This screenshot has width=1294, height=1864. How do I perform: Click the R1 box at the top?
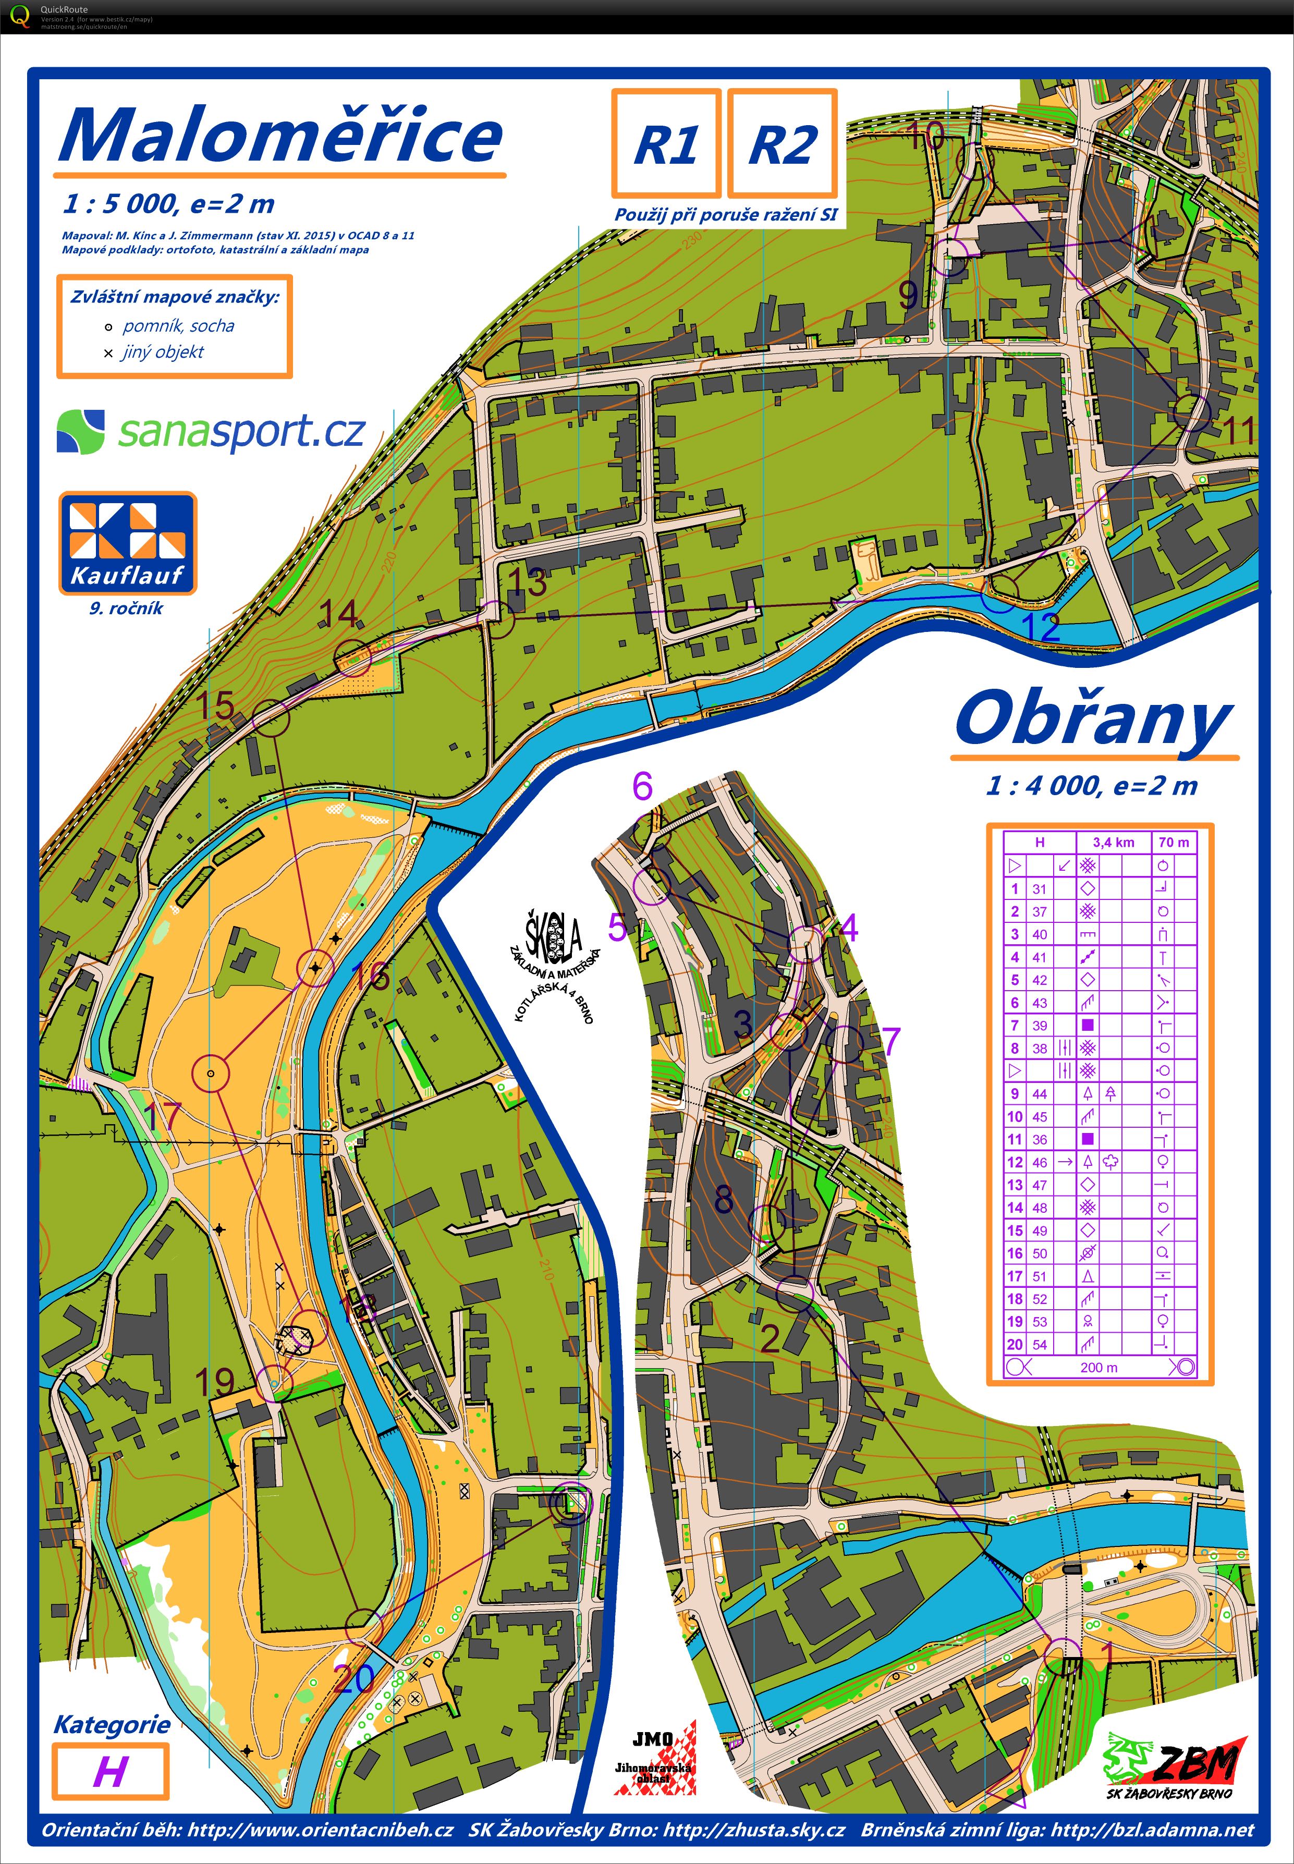tap(666, 143)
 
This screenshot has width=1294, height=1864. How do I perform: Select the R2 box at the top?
tap(782, 143)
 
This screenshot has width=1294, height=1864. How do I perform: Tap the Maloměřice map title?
tap(280, 136)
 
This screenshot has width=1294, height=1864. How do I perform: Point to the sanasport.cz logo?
tap(211, 431)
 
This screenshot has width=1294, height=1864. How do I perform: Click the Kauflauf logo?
tap(127, 543)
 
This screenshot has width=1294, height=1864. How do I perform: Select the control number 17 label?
tap(162, 1116)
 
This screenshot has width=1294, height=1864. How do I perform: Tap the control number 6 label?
tap(642, 786)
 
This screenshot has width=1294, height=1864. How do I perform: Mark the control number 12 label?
tap(1041, 627)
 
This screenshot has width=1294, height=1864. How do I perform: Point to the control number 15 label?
tap(216, 704)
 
